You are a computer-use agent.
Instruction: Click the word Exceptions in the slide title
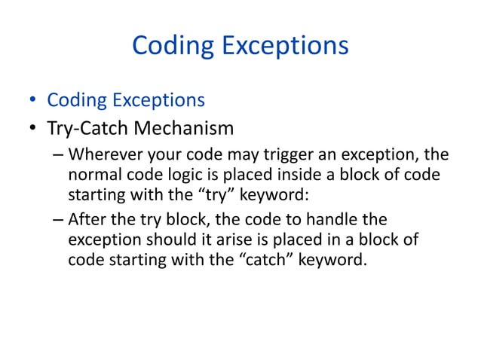point(285,47)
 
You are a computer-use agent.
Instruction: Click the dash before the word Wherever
point(58,157)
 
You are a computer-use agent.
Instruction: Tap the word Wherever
point(103,157)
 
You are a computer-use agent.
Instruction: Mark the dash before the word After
point(58,221)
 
